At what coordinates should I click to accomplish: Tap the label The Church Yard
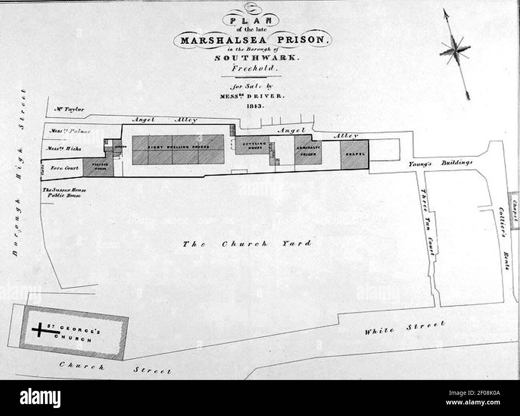pos(247,244)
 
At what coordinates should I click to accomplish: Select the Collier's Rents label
pos(503,238)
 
